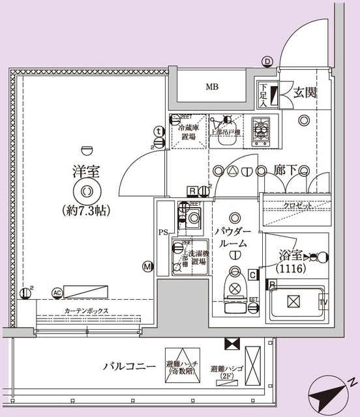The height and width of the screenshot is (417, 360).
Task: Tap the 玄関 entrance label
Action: click(305, 93)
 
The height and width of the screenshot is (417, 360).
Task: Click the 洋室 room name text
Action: click(85, 173)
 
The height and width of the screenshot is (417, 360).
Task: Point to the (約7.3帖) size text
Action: click(86, 211)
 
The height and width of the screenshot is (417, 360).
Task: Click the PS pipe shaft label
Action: click(163, 233)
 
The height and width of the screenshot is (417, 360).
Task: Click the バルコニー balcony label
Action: click(129, 367)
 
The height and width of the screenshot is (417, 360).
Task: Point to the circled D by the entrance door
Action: click(267, 62)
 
